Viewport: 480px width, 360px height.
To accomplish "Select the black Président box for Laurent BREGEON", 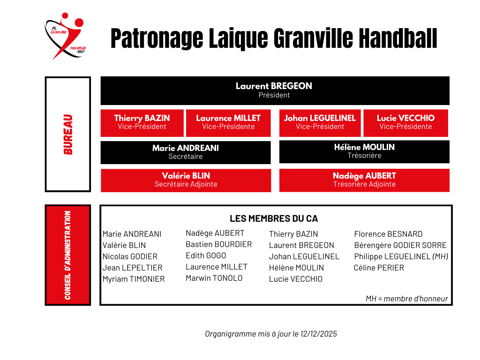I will [275, 90].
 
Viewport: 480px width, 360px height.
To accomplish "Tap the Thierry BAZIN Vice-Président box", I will [142, 122].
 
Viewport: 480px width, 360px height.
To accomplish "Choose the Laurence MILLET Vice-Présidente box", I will [228, 122].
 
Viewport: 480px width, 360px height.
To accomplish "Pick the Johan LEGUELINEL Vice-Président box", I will [320, 122].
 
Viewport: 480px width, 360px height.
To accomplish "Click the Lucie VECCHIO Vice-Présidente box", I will [405, 122].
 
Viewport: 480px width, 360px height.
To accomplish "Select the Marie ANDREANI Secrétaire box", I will [186, 152].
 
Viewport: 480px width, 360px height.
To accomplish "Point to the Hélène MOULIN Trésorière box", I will [364, 151].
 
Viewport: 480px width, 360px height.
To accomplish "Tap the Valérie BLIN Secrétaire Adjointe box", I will [186, 180].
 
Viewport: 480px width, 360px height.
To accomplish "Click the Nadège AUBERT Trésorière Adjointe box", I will [364, 180].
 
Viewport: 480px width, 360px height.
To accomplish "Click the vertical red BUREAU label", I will [68, 135].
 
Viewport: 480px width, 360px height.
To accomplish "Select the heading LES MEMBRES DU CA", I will [274, 219].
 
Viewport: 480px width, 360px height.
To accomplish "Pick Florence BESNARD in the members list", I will [388, 234].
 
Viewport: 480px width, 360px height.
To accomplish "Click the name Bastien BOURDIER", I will [218, 244].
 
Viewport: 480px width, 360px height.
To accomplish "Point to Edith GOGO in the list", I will [206, 255].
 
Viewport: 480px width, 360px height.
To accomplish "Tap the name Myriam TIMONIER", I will [134, 279].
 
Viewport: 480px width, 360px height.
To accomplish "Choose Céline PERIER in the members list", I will [379, 268].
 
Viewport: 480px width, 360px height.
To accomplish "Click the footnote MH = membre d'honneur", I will [407, 299].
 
